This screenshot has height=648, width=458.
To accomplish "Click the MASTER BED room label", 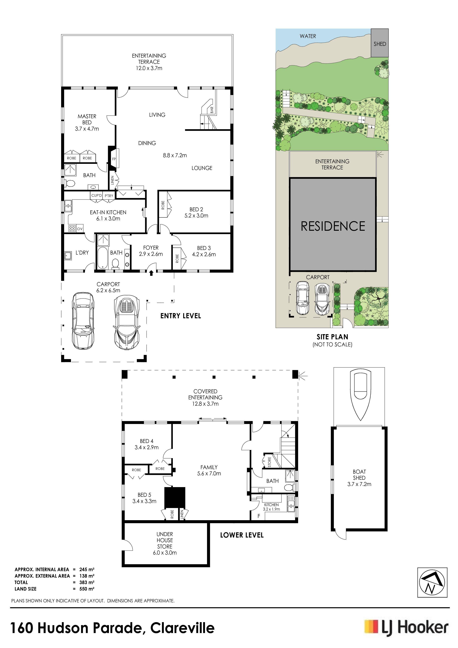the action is pos(87,119).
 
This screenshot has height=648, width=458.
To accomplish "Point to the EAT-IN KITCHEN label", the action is pos(108,212).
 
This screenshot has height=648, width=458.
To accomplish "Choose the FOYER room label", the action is pos(151,248).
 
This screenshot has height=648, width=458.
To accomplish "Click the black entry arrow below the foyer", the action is pos(151,273).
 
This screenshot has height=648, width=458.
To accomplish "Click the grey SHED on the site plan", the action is pos(380,43).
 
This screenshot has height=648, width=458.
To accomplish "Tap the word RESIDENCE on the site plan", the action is pos(333,226).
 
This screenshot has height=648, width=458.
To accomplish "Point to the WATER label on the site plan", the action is pos(308,36).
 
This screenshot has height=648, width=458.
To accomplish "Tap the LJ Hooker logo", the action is pos(406,628).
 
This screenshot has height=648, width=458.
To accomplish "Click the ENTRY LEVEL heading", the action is pos(181,316).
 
